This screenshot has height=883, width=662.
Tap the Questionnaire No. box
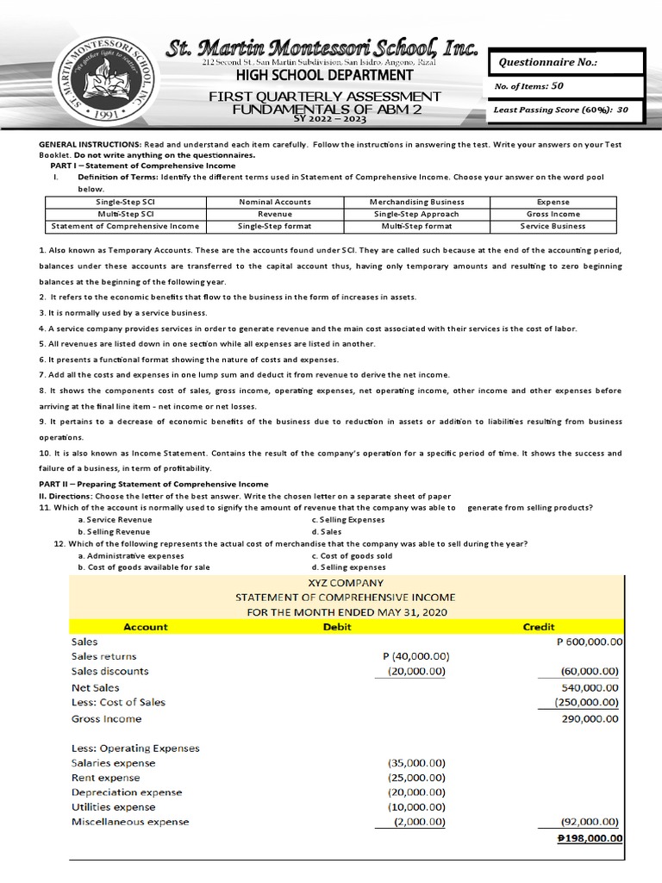tap(565, 62)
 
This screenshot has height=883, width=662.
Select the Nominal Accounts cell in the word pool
tap(275, 202)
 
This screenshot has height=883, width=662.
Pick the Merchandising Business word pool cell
tap(416, 202)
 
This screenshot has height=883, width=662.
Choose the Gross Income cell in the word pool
tap(553, 214)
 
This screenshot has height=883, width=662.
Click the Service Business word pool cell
tap(553, 226)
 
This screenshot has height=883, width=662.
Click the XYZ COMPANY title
tap(345, 582)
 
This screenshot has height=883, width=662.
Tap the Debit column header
tap(337, 627)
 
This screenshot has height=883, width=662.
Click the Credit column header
tap(540, 627)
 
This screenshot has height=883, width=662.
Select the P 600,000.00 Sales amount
tap(590, 642)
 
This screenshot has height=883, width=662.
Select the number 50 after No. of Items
tap(557, 86)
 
